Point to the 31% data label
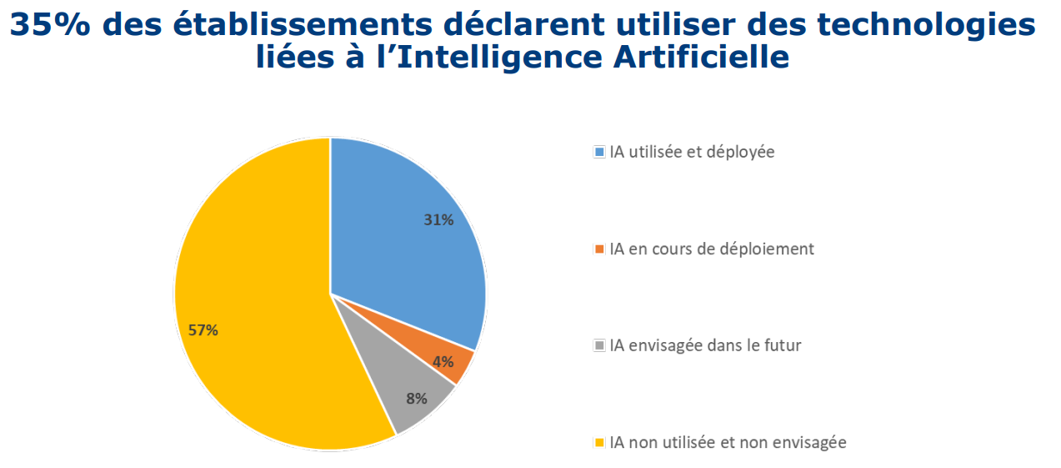438,220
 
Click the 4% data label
443,361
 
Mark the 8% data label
417,398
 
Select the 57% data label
203,330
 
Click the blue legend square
599,152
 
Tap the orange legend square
599,249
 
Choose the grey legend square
599,345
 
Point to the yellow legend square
599,442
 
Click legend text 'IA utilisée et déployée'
692,152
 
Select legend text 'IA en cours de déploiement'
712,249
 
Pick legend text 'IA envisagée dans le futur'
705,345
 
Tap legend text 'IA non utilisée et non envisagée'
728,442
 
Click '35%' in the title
46,25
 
